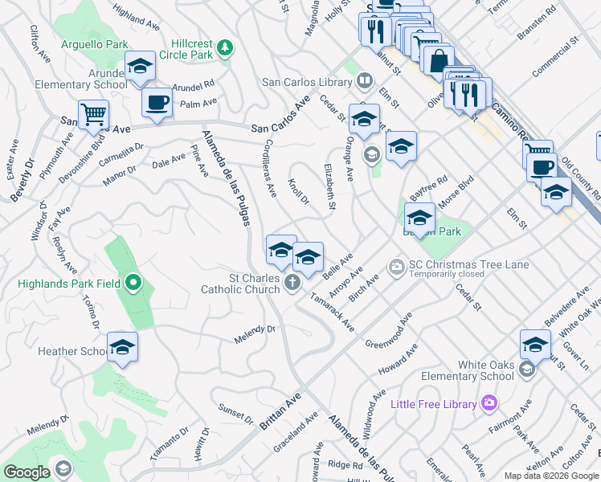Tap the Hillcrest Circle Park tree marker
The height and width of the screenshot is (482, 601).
[227, 47]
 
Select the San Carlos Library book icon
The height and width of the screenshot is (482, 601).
[364, 80]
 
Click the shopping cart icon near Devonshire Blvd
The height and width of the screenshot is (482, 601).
[93, 114]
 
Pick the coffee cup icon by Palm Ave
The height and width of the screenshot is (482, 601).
[157, 102]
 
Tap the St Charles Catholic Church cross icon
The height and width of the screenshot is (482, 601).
[292, 282]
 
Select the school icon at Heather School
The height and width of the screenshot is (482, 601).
[122, 347]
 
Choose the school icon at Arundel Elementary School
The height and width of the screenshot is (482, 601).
[140, 67]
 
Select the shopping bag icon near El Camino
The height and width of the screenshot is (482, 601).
[439, 61]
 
